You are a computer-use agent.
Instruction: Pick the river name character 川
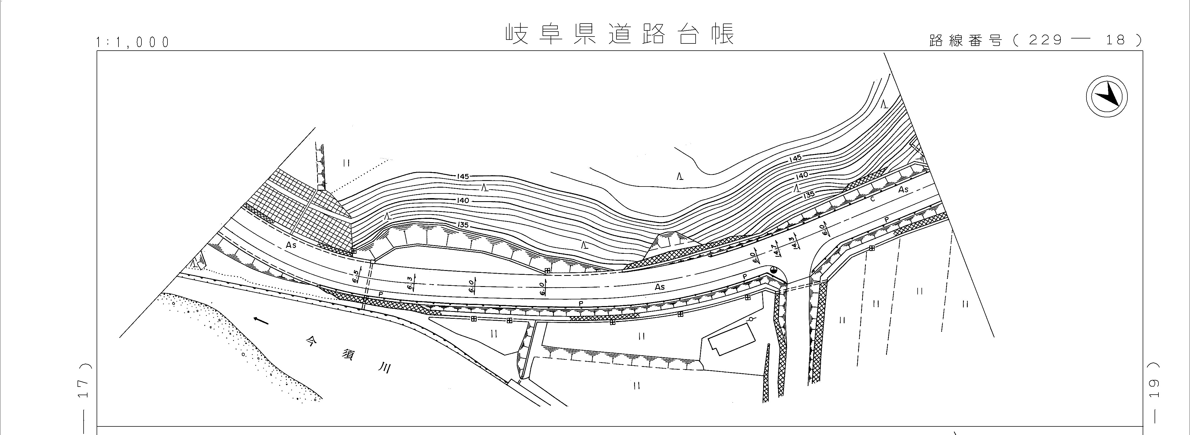pos(384,368)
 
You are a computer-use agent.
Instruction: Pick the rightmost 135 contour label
pos(809,195)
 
